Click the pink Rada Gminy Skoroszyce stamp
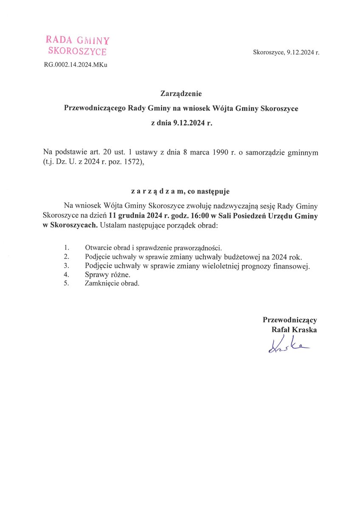click(77, 46)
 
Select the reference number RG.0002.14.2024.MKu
click(76, 65)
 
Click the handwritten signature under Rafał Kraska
click(287, 346)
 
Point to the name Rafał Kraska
click(294, 330)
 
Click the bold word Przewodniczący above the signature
click(290, 320)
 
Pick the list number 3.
click(66, 266)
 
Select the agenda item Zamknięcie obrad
click(112, 283)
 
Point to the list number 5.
click(66, 283)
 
